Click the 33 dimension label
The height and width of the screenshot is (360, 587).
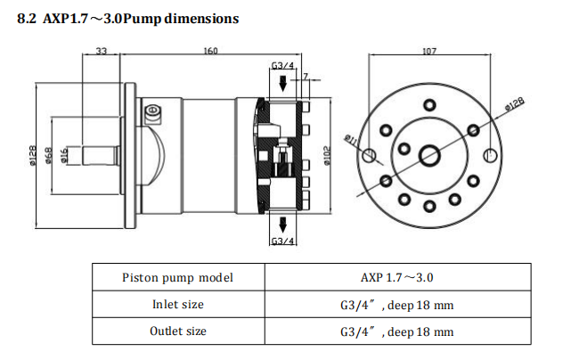(x=101, y=51)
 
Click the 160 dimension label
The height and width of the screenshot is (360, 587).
(x=210, y=51)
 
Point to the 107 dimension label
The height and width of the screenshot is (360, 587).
(x=429, y=51)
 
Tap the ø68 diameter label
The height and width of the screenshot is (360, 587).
(x=49, y=155)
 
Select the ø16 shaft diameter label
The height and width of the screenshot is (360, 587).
(x=63, y=155)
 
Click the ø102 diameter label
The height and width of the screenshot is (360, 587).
(x=326, y=155)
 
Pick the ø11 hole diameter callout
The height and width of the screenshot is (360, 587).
(x=351, y=139)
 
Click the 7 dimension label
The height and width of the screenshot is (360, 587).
(x=306, y=76)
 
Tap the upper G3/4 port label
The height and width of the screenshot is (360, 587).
(x=282, y=66)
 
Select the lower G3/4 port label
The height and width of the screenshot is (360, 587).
(x=282, y=241)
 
